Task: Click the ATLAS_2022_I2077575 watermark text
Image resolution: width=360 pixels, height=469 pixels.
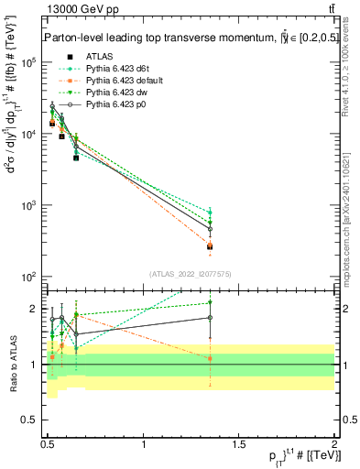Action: pos(189,272)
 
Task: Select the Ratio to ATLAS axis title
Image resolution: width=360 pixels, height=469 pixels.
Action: pos(12,365)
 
